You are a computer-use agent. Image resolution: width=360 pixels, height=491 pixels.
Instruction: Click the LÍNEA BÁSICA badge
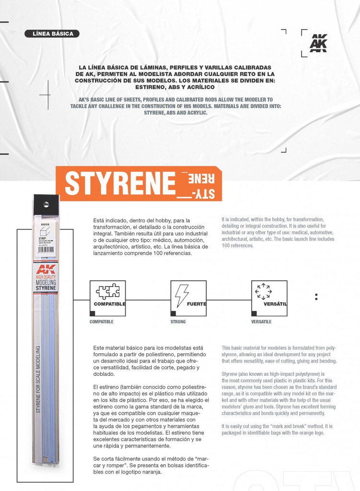coord(52,34)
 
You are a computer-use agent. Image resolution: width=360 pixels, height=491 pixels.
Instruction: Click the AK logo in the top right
coord(318,43)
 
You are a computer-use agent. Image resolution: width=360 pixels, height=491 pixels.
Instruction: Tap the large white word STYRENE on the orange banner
coord(120,183)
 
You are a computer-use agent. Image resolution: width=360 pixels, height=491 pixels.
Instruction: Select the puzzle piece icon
coord(108,291)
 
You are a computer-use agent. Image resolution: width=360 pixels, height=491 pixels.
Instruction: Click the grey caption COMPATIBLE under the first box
coord(101,322)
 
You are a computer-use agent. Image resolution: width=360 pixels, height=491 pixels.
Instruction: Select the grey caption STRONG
coord(178,322)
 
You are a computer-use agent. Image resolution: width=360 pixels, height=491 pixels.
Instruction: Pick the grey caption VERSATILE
coord(261,322)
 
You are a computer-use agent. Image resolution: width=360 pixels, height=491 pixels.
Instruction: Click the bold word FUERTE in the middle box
coord(196,304)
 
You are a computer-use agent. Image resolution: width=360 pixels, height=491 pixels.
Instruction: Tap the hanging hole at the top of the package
coord(46,204)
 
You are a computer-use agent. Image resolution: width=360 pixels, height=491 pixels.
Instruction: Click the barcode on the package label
coord(46,249)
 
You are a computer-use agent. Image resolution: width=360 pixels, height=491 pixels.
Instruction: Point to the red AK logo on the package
coord(46,269)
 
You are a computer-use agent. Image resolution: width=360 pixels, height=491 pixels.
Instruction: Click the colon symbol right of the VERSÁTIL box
coord(316,297)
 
